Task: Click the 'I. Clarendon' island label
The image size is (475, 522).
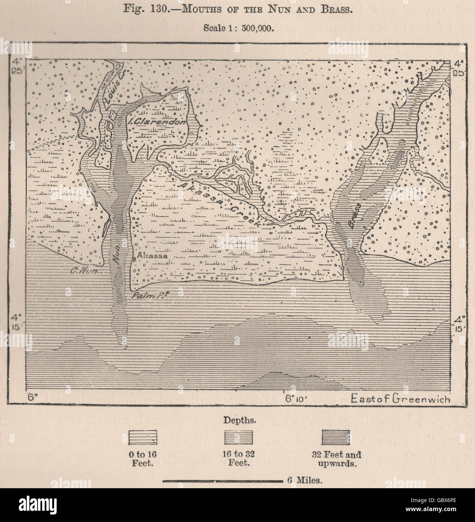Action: pos(156,121)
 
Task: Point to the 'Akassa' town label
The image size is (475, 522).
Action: pos(152,256)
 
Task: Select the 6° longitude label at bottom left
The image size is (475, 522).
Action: pos(32,397)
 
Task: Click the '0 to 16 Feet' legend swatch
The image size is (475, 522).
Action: pos(143,438)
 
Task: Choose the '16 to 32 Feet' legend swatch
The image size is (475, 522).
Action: pos(239,438)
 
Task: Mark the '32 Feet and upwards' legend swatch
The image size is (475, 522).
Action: pos(335,438)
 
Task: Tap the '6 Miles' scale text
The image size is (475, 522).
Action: pos(304,480)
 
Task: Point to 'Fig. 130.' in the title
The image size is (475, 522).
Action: pos(149,8)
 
